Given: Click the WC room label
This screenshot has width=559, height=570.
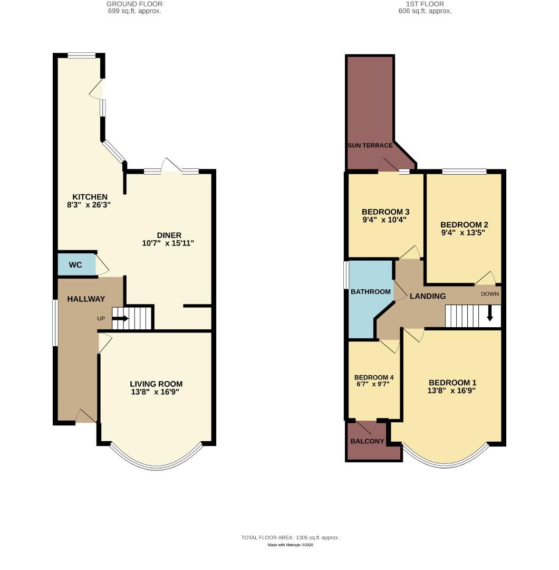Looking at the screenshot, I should tap(75, 265).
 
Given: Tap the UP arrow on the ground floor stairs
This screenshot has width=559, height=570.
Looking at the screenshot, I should tap(120, 318).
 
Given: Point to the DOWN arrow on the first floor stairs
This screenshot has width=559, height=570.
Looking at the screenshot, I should tap(489, 315).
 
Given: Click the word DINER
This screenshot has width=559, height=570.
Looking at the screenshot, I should tap(169, 235).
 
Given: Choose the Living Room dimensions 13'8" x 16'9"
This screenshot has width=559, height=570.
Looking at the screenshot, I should tap(156, 392).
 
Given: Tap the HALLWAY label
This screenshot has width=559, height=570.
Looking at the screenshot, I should tap(86, 299).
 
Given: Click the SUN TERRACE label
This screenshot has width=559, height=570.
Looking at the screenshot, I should tap(370, 146).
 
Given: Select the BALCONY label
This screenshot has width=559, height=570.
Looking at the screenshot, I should tap(367, 441).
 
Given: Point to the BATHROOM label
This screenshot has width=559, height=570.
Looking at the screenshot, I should tap(371, 292).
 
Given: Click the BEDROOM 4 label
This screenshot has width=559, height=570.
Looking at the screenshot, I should tap(374, 377).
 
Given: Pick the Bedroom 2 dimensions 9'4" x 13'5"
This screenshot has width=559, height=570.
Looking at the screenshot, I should tap(462, 232).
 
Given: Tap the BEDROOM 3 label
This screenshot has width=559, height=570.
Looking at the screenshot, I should tap(385, 212).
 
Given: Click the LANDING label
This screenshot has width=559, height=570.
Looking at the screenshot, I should tap(428, 296).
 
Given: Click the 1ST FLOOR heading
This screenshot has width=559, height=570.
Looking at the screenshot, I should tap(425, 4).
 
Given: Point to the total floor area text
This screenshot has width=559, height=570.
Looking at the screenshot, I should tap(290, 537).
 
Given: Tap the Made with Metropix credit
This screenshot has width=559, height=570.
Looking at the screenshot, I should tap(290, 545).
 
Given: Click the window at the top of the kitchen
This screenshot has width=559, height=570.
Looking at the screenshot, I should tap(81, 55).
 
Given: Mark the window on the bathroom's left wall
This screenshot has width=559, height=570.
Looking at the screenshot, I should tap(346, 275).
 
